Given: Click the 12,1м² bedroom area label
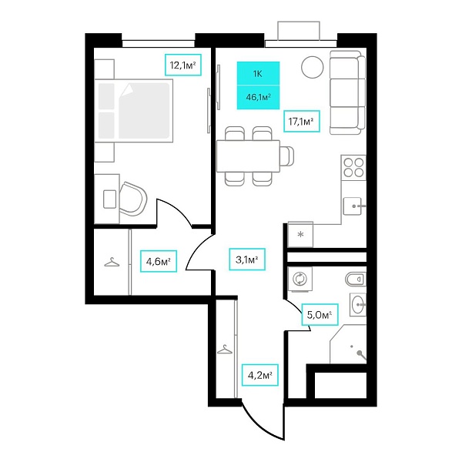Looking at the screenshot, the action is [x=183, y=65].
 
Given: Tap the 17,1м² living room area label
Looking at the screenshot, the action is [x=301, y=121].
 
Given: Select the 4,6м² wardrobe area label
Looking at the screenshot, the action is [x=159, y=261].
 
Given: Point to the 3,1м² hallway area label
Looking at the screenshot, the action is [x=247, y=259].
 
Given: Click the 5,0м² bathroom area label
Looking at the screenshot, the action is [x=320, y=314].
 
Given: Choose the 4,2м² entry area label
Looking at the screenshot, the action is [x=260, y=375].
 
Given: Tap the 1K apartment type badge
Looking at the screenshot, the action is [x=258, y=74].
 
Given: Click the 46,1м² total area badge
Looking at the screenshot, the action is [x=258, y=98].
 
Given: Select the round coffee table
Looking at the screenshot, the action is [x=313, y=67].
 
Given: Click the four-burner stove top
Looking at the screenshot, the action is [x=353, y=167].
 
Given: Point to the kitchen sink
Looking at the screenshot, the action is [x=353, y=206].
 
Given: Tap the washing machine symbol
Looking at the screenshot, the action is [x=300, y=279].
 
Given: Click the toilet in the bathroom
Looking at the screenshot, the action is [x=355, y=279].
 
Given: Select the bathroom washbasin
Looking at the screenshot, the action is [x=358, y=304].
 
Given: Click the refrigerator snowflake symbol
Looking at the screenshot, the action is [x=300, y=235].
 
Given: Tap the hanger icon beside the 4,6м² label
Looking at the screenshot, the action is [x=112, y=262].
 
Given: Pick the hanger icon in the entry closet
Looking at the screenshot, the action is [x=225, y=350].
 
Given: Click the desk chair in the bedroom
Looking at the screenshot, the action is [x=133, y=199].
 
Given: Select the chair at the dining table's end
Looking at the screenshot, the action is [x=287, y=156].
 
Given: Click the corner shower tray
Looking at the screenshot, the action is [x=348, y=344].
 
